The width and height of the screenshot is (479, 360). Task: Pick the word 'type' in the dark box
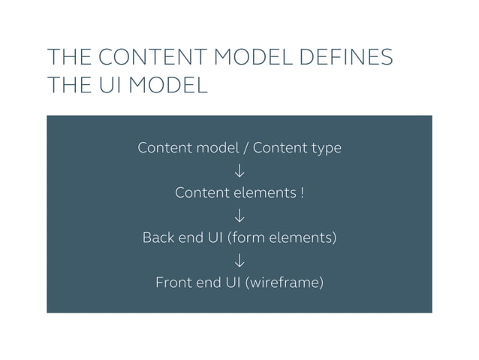click(325, 148)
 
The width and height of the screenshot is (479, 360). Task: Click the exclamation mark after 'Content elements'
click(302, 193)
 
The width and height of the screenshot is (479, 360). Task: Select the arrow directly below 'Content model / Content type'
click(239, 171)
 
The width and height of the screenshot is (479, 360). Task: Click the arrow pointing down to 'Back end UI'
click(239, 216)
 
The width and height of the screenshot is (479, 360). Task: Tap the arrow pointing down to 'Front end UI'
click(239, 261)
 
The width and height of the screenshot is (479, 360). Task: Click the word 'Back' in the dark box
click(158, 238)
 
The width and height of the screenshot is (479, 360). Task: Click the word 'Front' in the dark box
click(172, 283)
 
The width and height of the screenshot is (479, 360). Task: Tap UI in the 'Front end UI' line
click(231, 283)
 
